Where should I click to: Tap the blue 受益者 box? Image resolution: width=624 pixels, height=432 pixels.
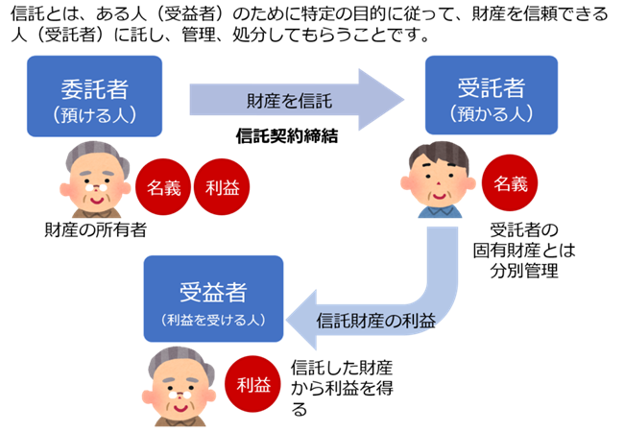(213, 299)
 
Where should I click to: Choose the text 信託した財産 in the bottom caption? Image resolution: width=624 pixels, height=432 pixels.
(341, 368)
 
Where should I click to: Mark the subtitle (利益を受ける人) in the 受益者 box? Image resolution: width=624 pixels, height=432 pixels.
(213, 317)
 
